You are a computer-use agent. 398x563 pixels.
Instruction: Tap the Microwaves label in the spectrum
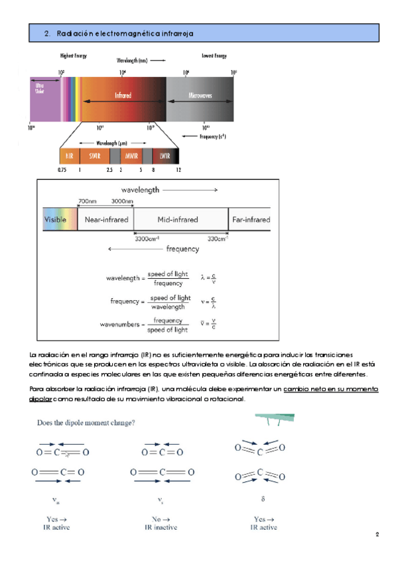[x=200, y=96]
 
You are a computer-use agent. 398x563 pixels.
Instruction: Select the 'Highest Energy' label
[x=74, y=56]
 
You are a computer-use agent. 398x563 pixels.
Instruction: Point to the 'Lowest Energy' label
[x=214, y=56]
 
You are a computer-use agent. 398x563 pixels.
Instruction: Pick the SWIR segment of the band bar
[x=91, y=156]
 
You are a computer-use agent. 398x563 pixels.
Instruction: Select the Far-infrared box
[x=250, y=219]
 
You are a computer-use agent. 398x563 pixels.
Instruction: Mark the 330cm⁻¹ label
[x=217, y=238]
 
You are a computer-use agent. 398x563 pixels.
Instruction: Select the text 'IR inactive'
[x=161, y=528]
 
